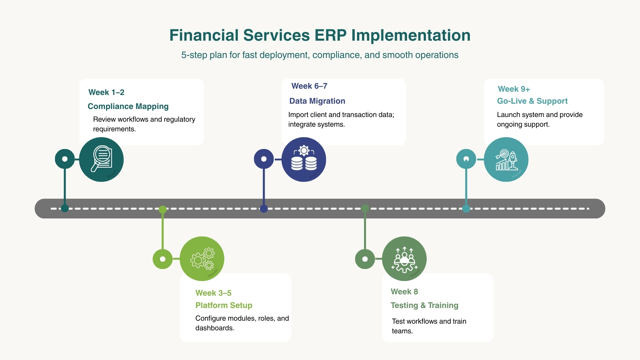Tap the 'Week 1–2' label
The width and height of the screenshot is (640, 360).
[x=106, y=92]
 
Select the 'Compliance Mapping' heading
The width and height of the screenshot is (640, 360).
[x=128, y=106]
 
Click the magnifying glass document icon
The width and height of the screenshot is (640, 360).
[x=101, y=159]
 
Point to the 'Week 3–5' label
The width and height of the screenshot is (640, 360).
[x=213, y=293]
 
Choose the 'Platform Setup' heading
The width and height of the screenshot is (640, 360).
[x=224, y=305]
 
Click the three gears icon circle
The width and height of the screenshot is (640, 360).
[x=202, y=259]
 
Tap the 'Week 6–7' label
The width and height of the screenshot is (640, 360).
[x=309, y=86]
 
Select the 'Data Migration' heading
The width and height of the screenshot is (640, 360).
[x=317, y=101]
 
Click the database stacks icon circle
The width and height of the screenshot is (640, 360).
[x=304, y=159]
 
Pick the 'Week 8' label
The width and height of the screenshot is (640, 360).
[x=404, y=292]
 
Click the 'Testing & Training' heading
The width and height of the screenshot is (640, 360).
[x=424, y=305]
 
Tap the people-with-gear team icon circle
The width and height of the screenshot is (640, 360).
[x=404, y=259]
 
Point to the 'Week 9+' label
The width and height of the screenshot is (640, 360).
[x=514, y=89]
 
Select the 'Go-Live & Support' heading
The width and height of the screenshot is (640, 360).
[x=532, y=101]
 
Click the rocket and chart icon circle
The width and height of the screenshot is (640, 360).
[x=506, y=159]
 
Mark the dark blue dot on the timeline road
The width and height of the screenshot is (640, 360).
[x=264, y=209]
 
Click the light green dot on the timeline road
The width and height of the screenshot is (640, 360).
[x=163, y=209]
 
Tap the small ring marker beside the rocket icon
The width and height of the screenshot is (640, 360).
[x=466, y=159]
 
